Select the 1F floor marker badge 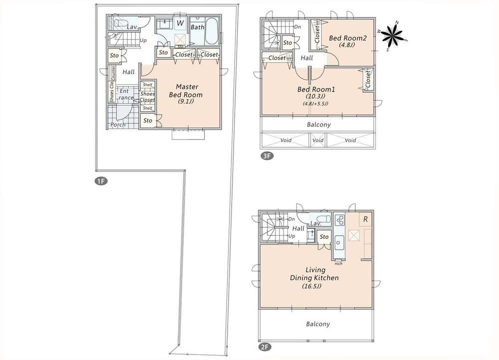point(101,181)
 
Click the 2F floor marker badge point(265,346)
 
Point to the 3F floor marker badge point(267,156)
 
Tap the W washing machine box point(180,23)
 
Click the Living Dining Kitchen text point(314,274)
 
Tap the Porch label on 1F point(118,124)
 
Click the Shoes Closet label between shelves point(147,96)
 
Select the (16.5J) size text point(312,286)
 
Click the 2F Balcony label point(317,324)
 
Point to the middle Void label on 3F point(318,140)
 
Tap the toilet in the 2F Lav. point(323,219)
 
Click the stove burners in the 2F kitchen point(339,220)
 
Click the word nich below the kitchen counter point(338,263)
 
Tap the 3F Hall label point(306,58)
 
